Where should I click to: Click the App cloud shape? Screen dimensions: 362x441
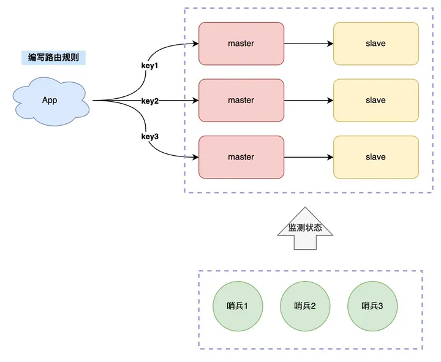click(50, 100)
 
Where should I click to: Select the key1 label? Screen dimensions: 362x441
click(150, 64)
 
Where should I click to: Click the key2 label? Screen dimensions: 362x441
click(150, 101)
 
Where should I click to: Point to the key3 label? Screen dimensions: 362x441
click(150, 136)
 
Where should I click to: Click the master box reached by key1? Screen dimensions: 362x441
click(241, 44)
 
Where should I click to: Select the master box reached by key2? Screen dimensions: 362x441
click(241, 100)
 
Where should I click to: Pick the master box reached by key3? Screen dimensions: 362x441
click(241, 156)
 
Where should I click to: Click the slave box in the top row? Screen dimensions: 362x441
click(375, 44)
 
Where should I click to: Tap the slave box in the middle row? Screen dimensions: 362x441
click(375, 100)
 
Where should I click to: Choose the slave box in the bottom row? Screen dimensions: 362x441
click(375, 156)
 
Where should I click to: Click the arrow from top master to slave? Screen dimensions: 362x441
click(309, 44)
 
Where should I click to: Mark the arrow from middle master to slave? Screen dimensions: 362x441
click(309, 101)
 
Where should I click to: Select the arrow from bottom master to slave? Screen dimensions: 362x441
click(309, 157)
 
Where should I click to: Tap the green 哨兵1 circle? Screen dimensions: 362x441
click(237, 306)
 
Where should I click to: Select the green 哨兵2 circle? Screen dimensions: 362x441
click(304, 306)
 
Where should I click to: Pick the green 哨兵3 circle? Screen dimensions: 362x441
click(372, 306)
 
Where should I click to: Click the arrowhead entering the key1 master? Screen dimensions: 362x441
click(195, 44)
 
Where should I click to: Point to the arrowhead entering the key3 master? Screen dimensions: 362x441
click(195, 157)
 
